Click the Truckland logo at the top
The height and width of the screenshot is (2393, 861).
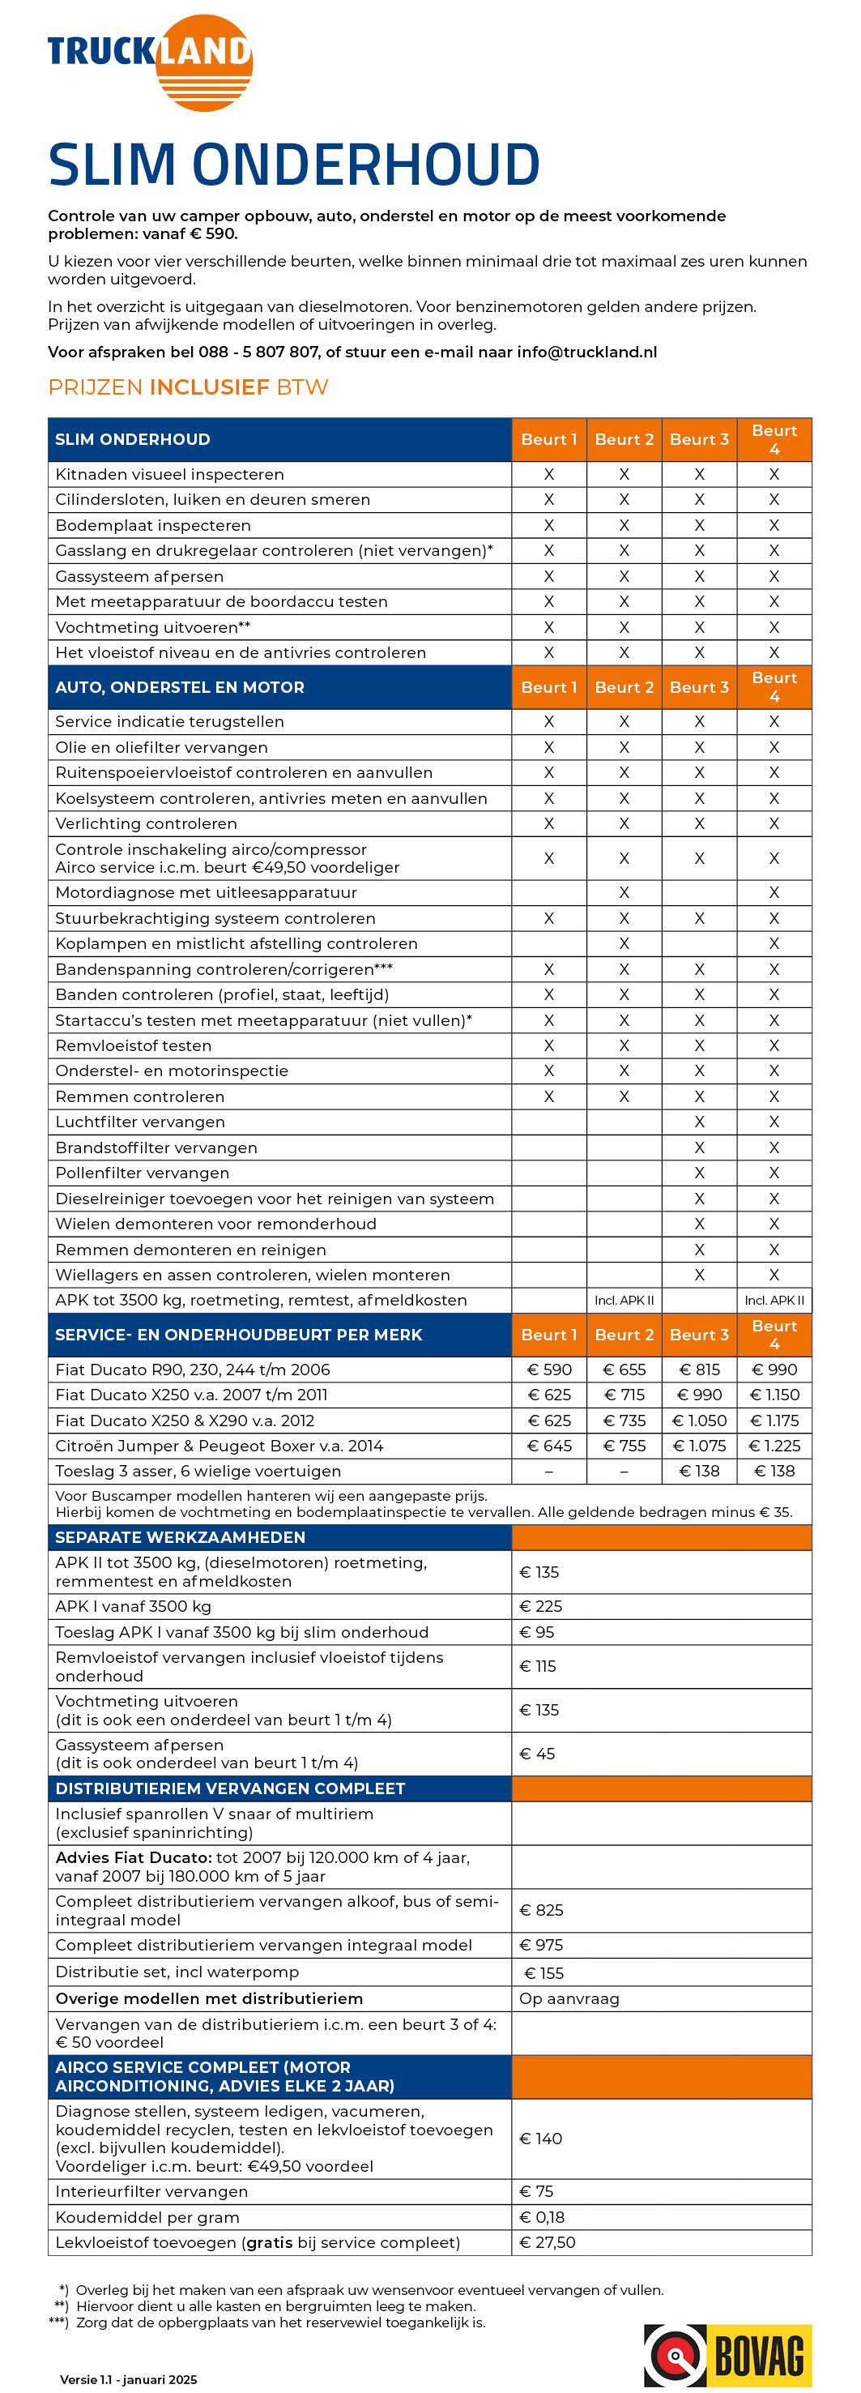point(151,62)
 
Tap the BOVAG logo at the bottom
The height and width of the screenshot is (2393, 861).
point(727,2355)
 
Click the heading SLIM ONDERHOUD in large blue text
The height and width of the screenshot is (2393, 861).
point(293,165)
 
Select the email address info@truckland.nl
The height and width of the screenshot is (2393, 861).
point(586,352)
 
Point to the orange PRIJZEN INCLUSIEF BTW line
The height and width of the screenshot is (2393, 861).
point(188,387)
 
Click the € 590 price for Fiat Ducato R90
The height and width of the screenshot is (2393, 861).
point(549,1370)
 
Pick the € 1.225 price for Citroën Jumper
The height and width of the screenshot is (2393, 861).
point(774,1446)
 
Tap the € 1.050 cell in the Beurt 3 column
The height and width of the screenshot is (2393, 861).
point(699,1421)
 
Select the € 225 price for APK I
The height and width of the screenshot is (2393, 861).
point(540,1606)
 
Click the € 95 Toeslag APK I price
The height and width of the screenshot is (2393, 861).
point(536,1632)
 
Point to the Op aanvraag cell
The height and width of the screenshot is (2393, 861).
point(569,1998)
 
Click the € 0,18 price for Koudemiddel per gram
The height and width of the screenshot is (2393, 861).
point(543,2216)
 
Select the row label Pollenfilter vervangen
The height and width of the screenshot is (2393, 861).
point(142,1173)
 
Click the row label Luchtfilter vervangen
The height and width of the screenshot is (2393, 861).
point(139,1122)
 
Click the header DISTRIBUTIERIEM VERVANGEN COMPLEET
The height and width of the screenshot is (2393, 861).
point(229,1788)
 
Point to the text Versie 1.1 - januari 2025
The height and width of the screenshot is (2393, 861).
point(128,2379)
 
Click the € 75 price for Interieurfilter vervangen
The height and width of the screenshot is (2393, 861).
point(536,2190)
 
